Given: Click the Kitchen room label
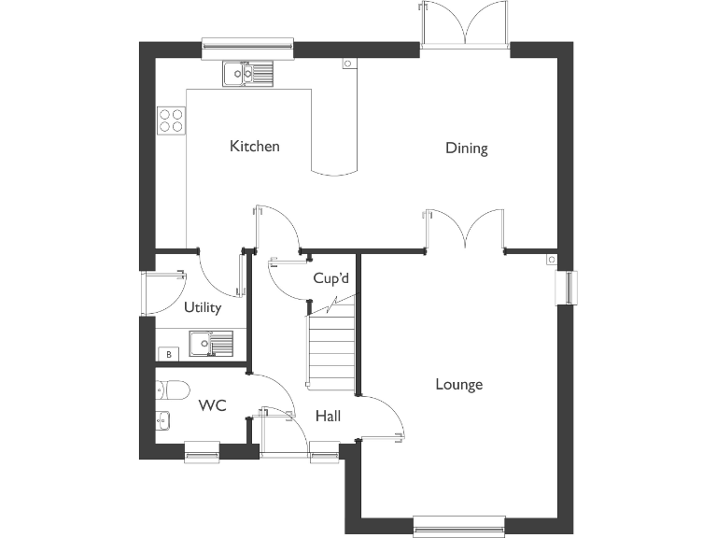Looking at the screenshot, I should [255, 147].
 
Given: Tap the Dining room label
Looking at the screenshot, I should [466, 149].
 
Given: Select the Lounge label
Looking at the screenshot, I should [458, 385].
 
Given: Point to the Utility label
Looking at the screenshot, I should [202, 308].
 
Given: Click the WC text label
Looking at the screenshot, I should [213, 406].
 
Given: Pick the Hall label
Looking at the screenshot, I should [328, 416].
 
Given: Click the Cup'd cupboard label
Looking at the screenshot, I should [330, 279].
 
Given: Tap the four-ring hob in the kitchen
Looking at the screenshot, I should [171, 119].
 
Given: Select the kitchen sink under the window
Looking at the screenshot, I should [247, 72].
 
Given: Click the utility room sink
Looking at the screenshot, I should [210, 345].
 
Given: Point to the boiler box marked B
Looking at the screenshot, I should [168, 354].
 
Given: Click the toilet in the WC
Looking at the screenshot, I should [174, 389].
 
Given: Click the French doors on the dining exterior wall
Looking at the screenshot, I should [464, 26].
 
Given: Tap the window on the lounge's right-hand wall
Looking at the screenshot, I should [567, 287].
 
